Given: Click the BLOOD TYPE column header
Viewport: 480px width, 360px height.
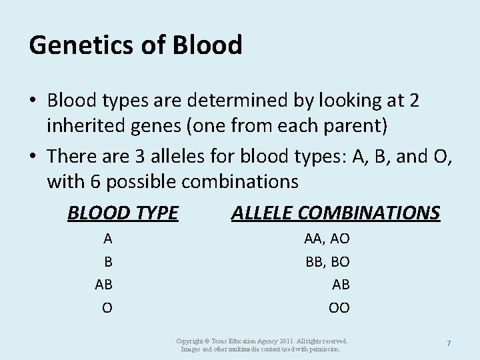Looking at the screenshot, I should click(123, 213).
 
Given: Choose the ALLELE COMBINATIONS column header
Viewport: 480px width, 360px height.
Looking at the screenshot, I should click(335, 213).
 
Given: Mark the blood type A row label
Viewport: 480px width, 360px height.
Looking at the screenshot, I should click(107, 239).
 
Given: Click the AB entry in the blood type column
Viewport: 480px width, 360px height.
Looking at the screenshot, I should click(103, 285).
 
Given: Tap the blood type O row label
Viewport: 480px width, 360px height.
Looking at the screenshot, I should click(107, 308).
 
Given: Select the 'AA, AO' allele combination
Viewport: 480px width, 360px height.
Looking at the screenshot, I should click(327, 239).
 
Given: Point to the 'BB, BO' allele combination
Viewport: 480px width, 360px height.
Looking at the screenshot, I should click(327, 262).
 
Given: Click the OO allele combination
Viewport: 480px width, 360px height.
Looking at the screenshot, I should click(339, 308).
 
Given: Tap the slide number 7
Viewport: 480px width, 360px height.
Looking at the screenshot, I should click(449, 343).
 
